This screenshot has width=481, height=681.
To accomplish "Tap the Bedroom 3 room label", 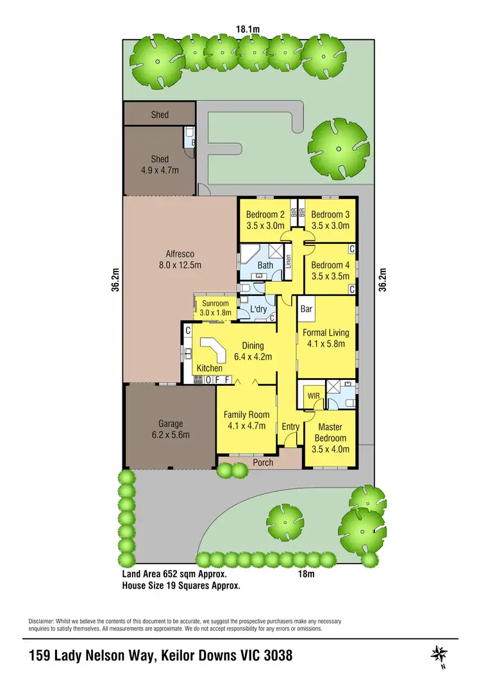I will (x=331, y=215).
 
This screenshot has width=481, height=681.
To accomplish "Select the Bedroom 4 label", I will (x=330, y=265).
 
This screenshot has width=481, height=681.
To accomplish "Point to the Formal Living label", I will (x=326, y=332).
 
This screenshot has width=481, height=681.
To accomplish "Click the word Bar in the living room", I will (x=307, y=309).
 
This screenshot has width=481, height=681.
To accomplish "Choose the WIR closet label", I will (x=314, y=395).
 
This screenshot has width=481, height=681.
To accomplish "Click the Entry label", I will (x=291, y=427).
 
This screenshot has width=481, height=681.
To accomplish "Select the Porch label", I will (x=263, y=462).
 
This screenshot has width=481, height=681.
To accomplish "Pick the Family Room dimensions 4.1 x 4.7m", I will (x=246, y=425).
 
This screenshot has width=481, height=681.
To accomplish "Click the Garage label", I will (x=171, y=424).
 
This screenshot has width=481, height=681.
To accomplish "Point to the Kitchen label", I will (x=209, y=368).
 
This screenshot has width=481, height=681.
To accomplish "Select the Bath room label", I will (x=265, y=265).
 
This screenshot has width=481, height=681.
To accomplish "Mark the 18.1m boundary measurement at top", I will (x=248, y=28).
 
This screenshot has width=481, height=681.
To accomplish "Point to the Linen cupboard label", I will (x=289, y=261).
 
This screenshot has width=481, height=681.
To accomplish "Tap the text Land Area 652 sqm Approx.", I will (x=174, y=574).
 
